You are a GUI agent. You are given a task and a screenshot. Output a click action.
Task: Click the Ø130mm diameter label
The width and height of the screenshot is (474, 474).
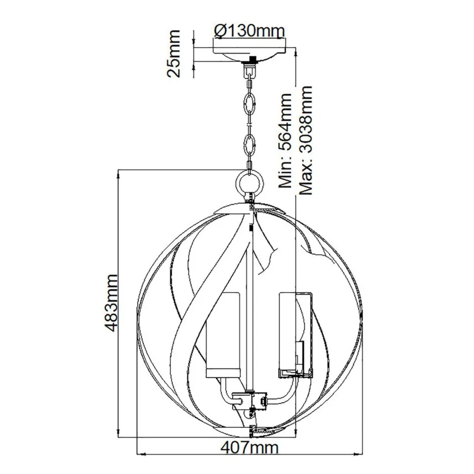tap(249, 31)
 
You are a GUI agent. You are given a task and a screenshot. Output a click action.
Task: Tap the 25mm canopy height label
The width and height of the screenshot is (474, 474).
tap(172, 54)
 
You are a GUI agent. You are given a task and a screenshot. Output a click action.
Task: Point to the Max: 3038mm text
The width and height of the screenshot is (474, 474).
tap(305, 141)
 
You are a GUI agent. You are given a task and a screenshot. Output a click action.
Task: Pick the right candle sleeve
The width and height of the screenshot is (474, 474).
tap(294, 332)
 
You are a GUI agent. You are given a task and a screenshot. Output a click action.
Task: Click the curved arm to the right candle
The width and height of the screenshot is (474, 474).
tap(283, 391)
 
